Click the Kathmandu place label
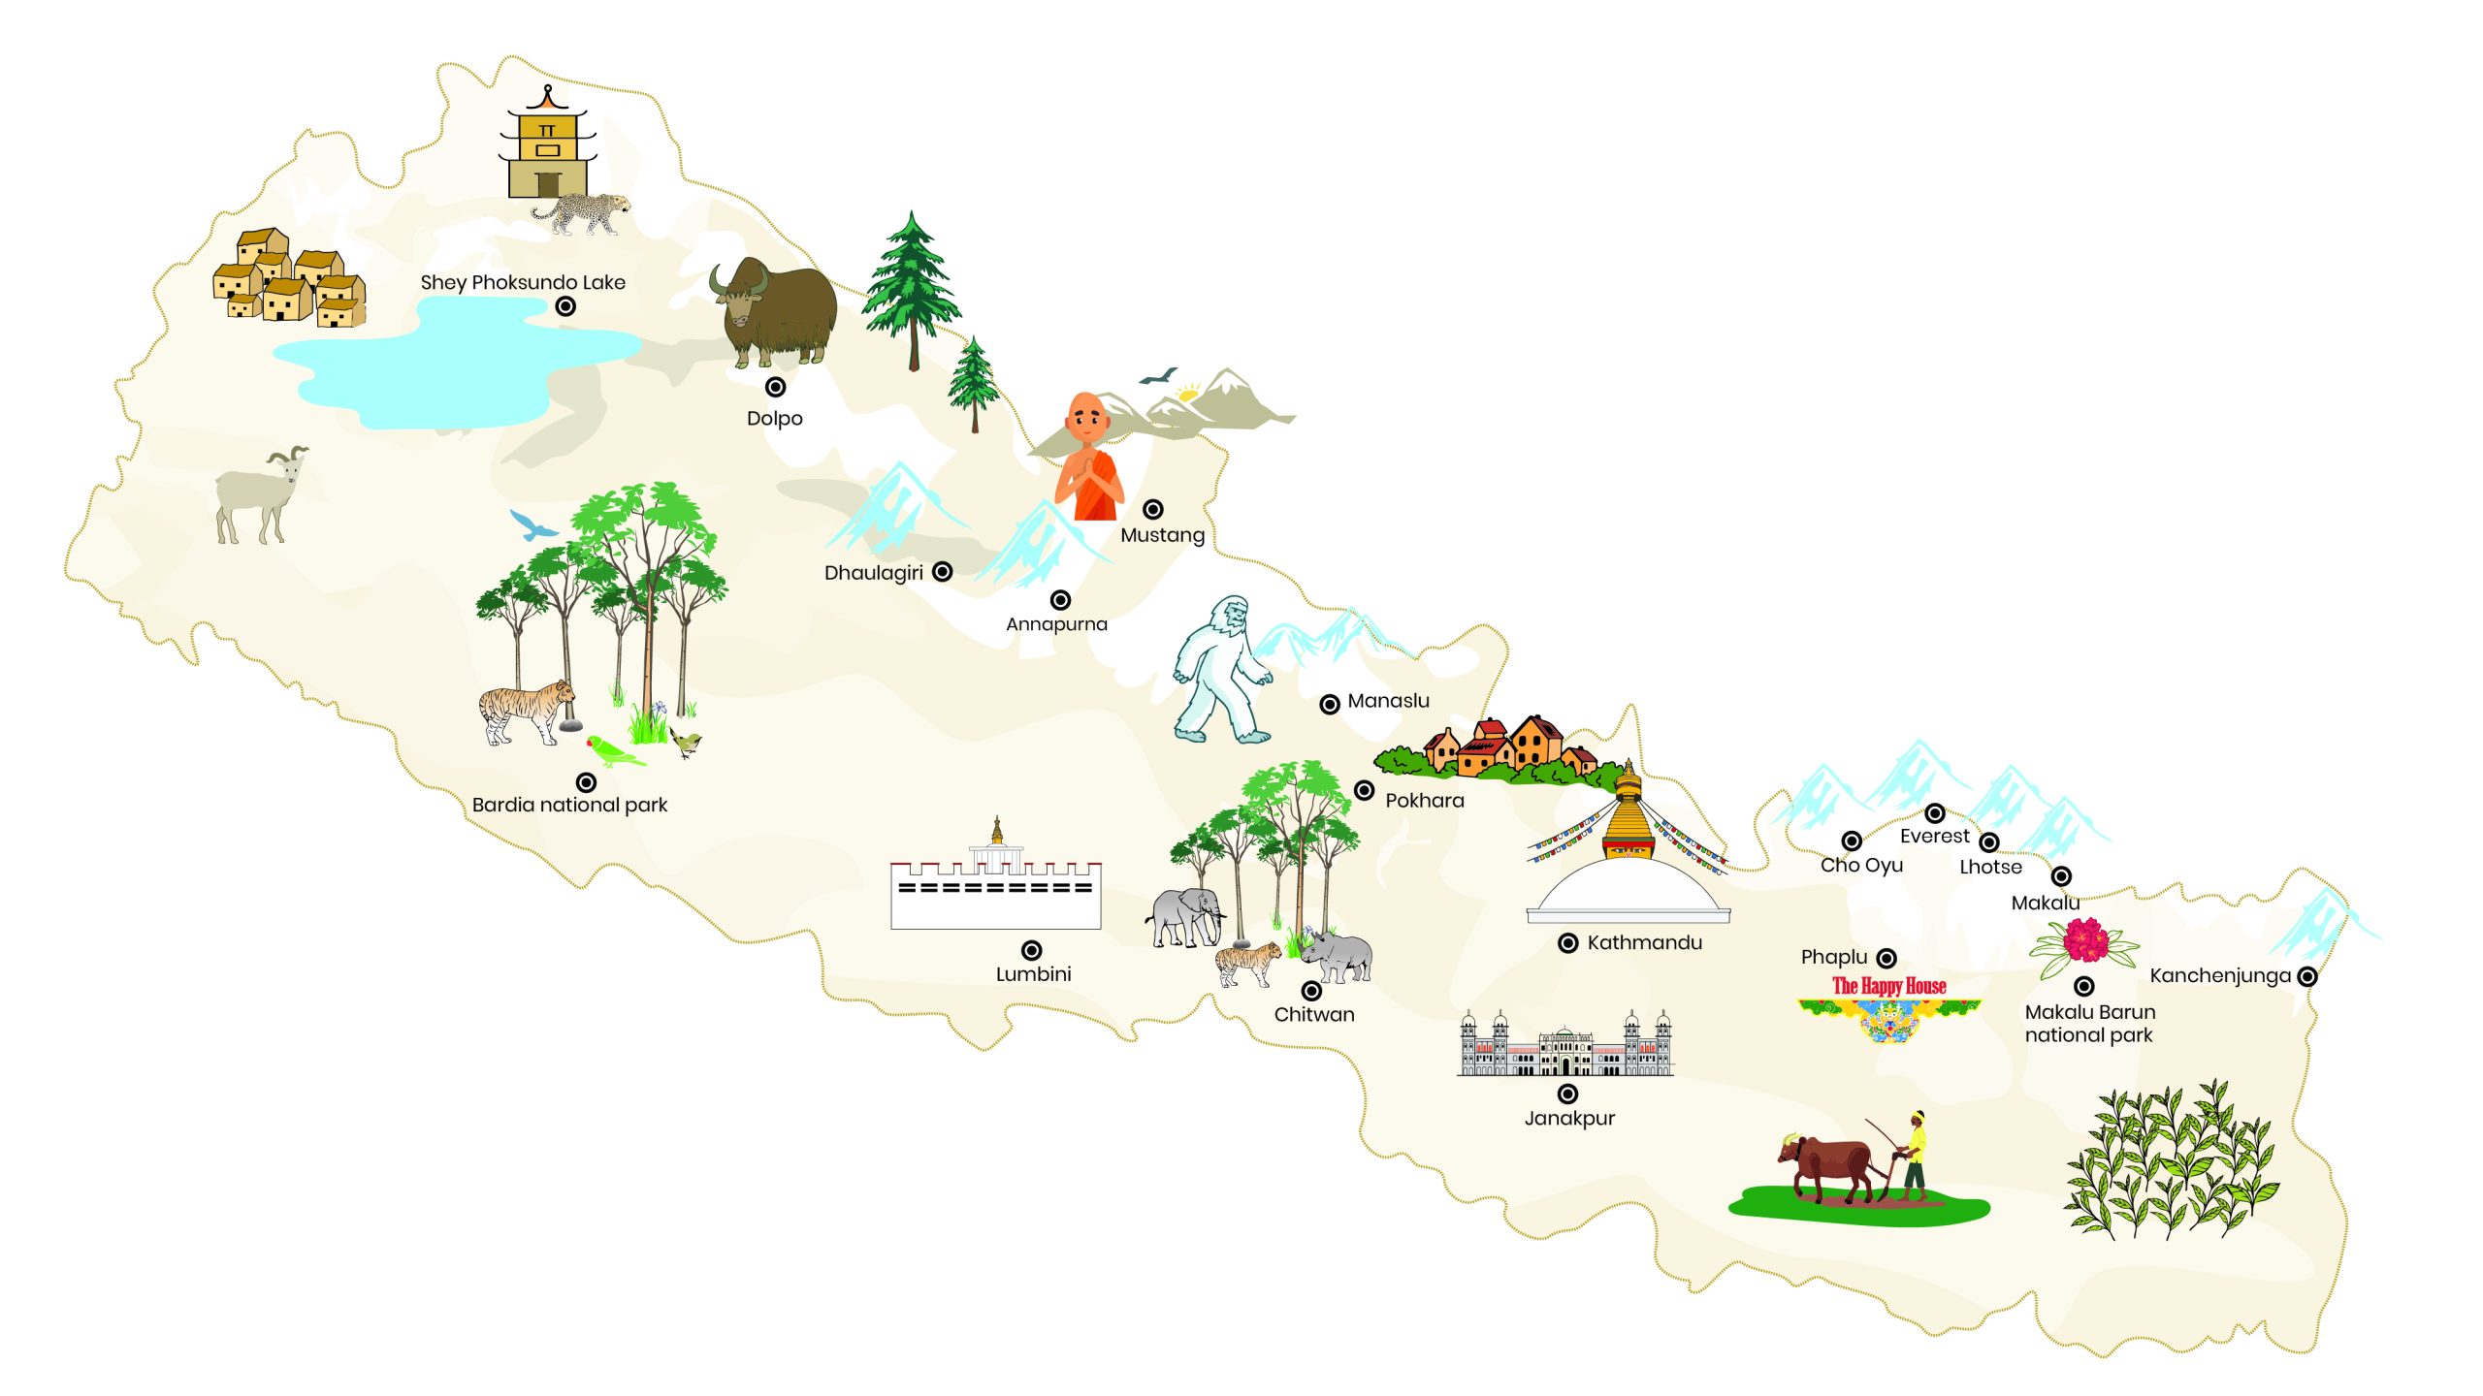point(1644,942)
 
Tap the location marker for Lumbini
point(1032,950)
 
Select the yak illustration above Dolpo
point(775,312)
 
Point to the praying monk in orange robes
point(1089,459)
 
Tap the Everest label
point(1934,836)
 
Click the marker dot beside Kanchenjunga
point(2307,976)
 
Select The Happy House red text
point(1888,986)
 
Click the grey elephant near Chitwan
point(1185,916)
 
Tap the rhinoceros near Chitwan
point(1338,956)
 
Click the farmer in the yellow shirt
point(1913,1156)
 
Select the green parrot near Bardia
point(614,750)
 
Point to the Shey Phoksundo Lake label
point(523,282)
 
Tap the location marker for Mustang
point(1152,509)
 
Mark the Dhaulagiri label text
point(873,573)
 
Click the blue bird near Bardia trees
point(532,526)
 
